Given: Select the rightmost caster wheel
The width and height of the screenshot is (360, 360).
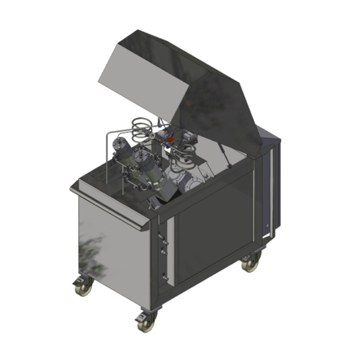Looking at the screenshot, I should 251,264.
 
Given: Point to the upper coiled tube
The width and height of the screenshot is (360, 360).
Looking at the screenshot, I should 143,129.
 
